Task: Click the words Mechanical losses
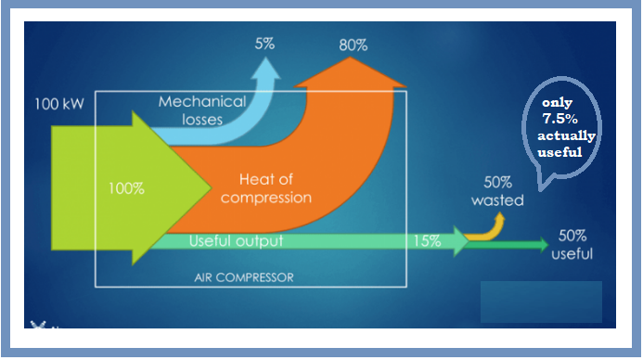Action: pyautogui.click(x=201, y=109)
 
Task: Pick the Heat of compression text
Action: pyautogui.click(x=276, y=187)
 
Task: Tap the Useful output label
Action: pyautogui.click(x=236, y=241)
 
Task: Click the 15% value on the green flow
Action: pyautogui.click(x=427, y=241)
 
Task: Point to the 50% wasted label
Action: pyautogui.click(x=497, y=191)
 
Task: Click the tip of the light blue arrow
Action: pyautogui.click(x=268, y=63)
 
